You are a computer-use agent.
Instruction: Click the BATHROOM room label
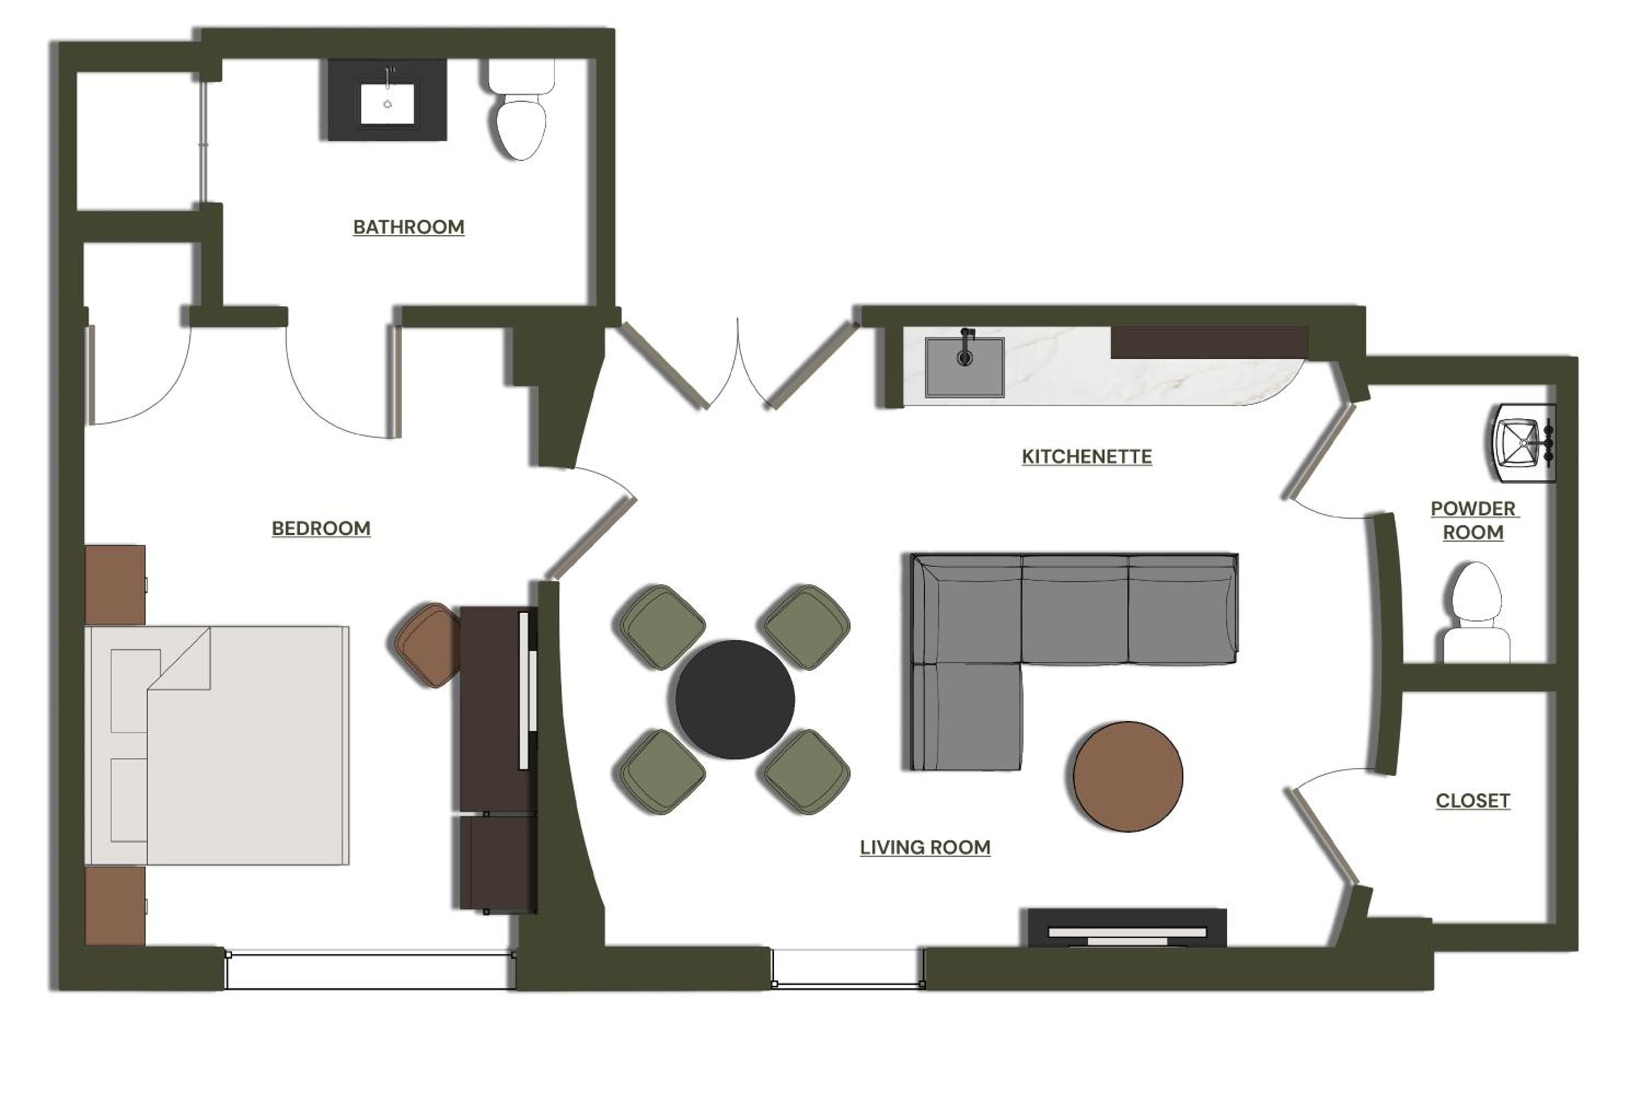pyautogui.click(x=409, y=227)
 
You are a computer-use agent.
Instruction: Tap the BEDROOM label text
pyautogui.click(x=321, y=529)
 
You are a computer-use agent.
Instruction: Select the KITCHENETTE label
pyautogui.click(x=1087, y=456)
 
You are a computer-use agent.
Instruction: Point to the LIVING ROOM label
pyautogui.click(x=925, y=847)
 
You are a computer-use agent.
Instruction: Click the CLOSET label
pyautogui.click(x=1472, y=800)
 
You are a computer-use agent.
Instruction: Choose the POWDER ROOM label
pyautogui.click(x=1473, y=520)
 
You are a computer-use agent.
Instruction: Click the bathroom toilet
pyautogui.click(x=521, y=109)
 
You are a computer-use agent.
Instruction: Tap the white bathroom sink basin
pyautogui.click(x=388, y=104)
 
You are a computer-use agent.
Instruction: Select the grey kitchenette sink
pyautogui.click(x=964, y=367)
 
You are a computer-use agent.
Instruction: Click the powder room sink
pyautogui.click(x=1524, y=443)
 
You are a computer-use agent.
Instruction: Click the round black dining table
pyautogui.click(x=735, y=699)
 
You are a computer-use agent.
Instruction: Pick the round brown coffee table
pyautogui.click(x=1128, y=776)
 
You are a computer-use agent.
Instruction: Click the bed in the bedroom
pyautogui.click(x=217, y=745)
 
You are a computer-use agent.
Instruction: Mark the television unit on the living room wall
pyautogui.click(x=1127, y=928)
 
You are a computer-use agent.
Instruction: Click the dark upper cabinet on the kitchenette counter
pyautogui.click(x=1210, y=342)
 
